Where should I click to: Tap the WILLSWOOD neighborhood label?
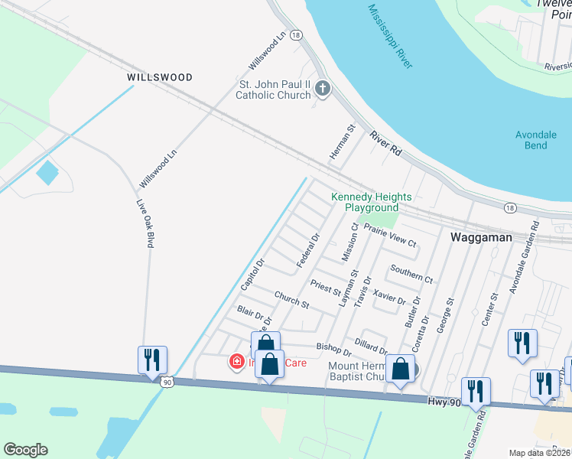pos(160,77)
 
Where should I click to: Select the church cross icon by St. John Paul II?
pos(323,90)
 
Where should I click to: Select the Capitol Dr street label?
pos(252,273)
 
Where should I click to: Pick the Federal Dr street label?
pos(307,251)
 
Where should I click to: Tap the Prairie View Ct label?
pos(390,236)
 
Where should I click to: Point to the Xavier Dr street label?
pos(390,297)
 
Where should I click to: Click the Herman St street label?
pos(343,142)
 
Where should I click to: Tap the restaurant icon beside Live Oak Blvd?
pos(152,360)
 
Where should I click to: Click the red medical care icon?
pos(238,361)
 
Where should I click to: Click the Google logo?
pos(25,450)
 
